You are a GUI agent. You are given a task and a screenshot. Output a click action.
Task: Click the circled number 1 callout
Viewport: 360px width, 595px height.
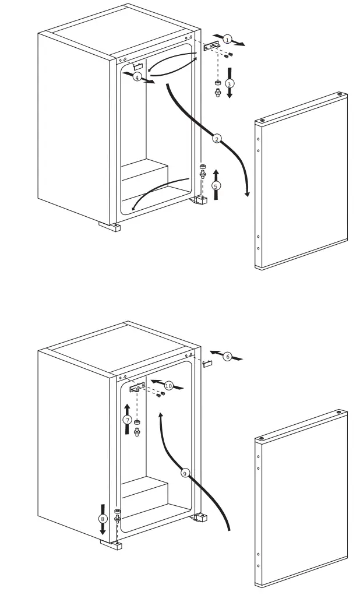pyautogui.click(x=227, y=39)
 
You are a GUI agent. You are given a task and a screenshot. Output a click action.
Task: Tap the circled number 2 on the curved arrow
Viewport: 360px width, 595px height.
pyautogui.click(x=217, y=138)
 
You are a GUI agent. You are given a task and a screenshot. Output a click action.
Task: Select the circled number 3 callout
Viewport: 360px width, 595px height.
pyautogui.click(x=230, y=84)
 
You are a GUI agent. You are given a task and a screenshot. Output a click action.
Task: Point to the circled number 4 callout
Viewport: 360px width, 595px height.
pyautogui.click(x=137, y=77)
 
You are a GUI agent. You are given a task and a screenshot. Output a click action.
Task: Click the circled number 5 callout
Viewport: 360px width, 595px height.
pyautogui.click(x=216, y=185)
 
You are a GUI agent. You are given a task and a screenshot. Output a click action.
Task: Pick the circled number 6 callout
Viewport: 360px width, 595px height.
pyautogui.click(x=228, y=355)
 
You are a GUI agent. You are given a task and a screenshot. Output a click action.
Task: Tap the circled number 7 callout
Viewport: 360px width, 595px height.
pyautogui.click(x=128, y=420)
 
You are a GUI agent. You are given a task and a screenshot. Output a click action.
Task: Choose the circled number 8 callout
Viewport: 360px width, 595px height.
pyautogui.click(x=103, y=518)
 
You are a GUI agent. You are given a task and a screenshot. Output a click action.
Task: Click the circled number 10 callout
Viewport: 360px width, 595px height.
pyautogui.click(x=168, y=385)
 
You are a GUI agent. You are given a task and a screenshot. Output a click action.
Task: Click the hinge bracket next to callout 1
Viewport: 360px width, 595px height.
pyautogui.click(x=211, y=45)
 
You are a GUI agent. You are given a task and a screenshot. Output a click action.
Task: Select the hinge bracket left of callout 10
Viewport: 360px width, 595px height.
pyautogui.click(x=138, y=387)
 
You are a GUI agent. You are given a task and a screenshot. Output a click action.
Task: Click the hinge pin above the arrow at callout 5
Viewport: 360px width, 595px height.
pyautogui.click(x=203, y=172)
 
